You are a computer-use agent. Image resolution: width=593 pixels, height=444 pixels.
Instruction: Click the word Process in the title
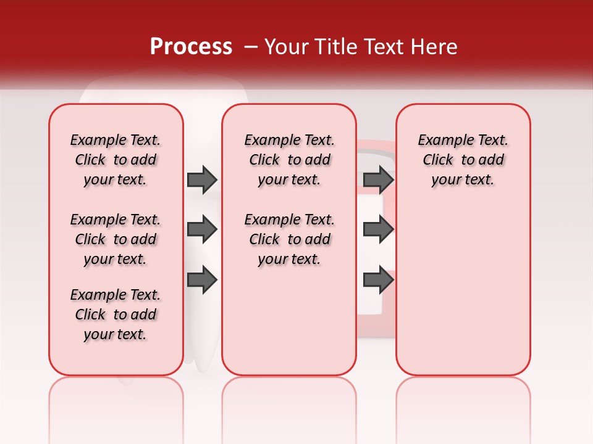coord(191,47)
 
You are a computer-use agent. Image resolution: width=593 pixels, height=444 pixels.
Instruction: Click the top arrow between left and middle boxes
coord(202,179)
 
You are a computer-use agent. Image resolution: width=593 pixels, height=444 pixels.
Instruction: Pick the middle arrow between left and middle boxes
coord(202,230)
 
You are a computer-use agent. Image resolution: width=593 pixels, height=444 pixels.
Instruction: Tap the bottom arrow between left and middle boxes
coord(202,280)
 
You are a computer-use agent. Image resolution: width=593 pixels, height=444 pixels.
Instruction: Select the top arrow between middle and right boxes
coord(379,179)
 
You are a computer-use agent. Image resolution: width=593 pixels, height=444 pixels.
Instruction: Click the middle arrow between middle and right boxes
coord(379,230)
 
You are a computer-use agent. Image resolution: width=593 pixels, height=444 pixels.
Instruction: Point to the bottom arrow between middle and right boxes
coord(379,280)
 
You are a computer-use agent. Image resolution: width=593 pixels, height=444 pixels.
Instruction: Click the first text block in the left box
coord(116,160)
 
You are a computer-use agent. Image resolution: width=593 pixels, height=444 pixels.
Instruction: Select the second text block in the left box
coord(116,239)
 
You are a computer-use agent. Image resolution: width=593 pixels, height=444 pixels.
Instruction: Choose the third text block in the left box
coord(116,314)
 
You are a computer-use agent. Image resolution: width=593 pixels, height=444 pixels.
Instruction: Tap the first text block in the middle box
coord(289,160)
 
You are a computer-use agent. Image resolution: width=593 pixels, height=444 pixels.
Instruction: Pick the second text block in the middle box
coord(289,239)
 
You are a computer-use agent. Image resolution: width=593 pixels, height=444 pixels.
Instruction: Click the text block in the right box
coord(463,160)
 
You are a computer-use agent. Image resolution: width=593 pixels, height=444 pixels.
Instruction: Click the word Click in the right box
coord(438,160)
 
